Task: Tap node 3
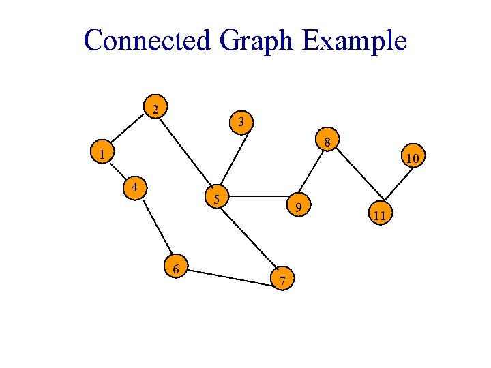(x=241, y=122)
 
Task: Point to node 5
(x=216, y=198)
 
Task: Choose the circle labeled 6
(x=176, y=269)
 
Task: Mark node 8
(x=327, y=142)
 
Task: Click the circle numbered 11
(x=380, y=215)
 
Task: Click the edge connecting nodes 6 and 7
(x=229, y=273)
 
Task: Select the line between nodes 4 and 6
(x=156, y=228)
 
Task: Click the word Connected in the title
(x=147, y=40)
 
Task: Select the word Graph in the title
(x=256, y=42)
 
